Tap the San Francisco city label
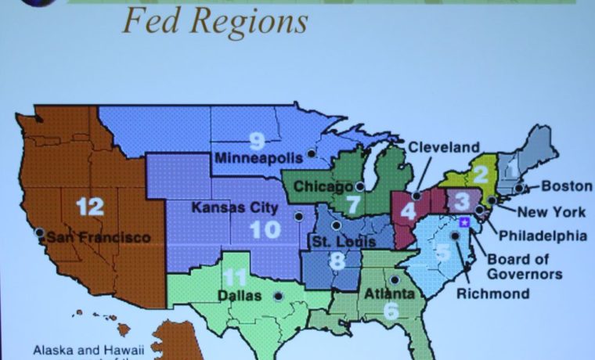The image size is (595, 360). [99, 236]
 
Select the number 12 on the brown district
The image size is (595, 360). [90, 207]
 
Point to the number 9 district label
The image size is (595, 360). [257, 141]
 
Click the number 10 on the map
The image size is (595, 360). [265, 229]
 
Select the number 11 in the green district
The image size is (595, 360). [234, 278]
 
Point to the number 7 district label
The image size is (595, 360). [352, 205]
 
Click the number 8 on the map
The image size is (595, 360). [337, 261]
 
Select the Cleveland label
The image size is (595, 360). [443, 147]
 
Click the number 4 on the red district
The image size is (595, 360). [408, 211]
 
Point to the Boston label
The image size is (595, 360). [562, 187]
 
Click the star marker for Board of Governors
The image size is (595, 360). [463, 223]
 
